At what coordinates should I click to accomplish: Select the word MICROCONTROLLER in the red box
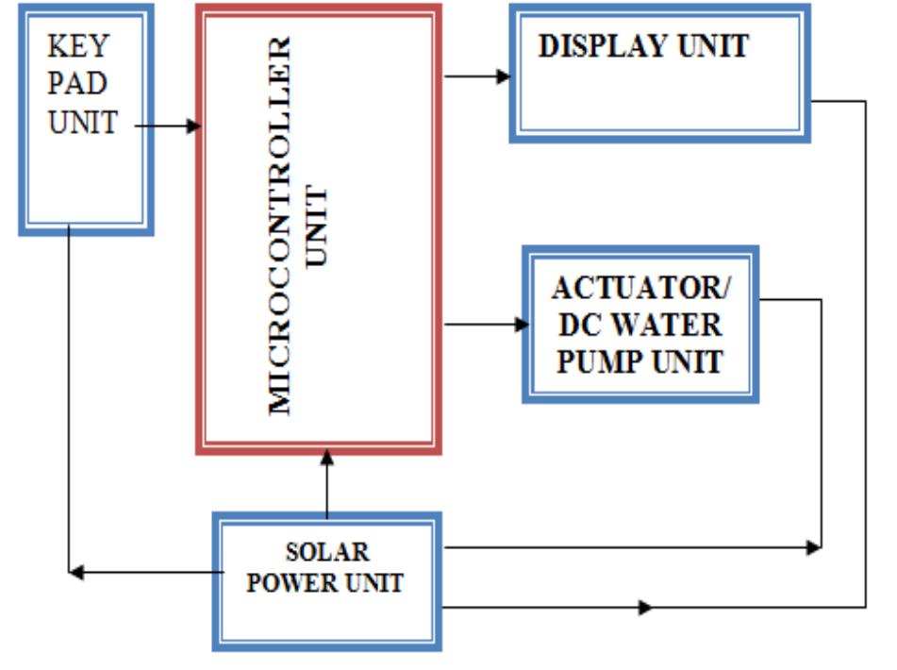[280, 226]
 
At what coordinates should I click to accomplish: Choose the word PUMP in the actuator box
[594, 361]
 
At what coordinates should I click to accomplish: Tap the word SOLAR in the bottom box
[327, 551]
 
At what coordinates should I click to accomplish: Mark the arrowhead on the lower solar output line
[645, 607]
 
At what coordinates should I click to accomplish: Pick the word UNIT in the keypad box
[82, 122]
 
